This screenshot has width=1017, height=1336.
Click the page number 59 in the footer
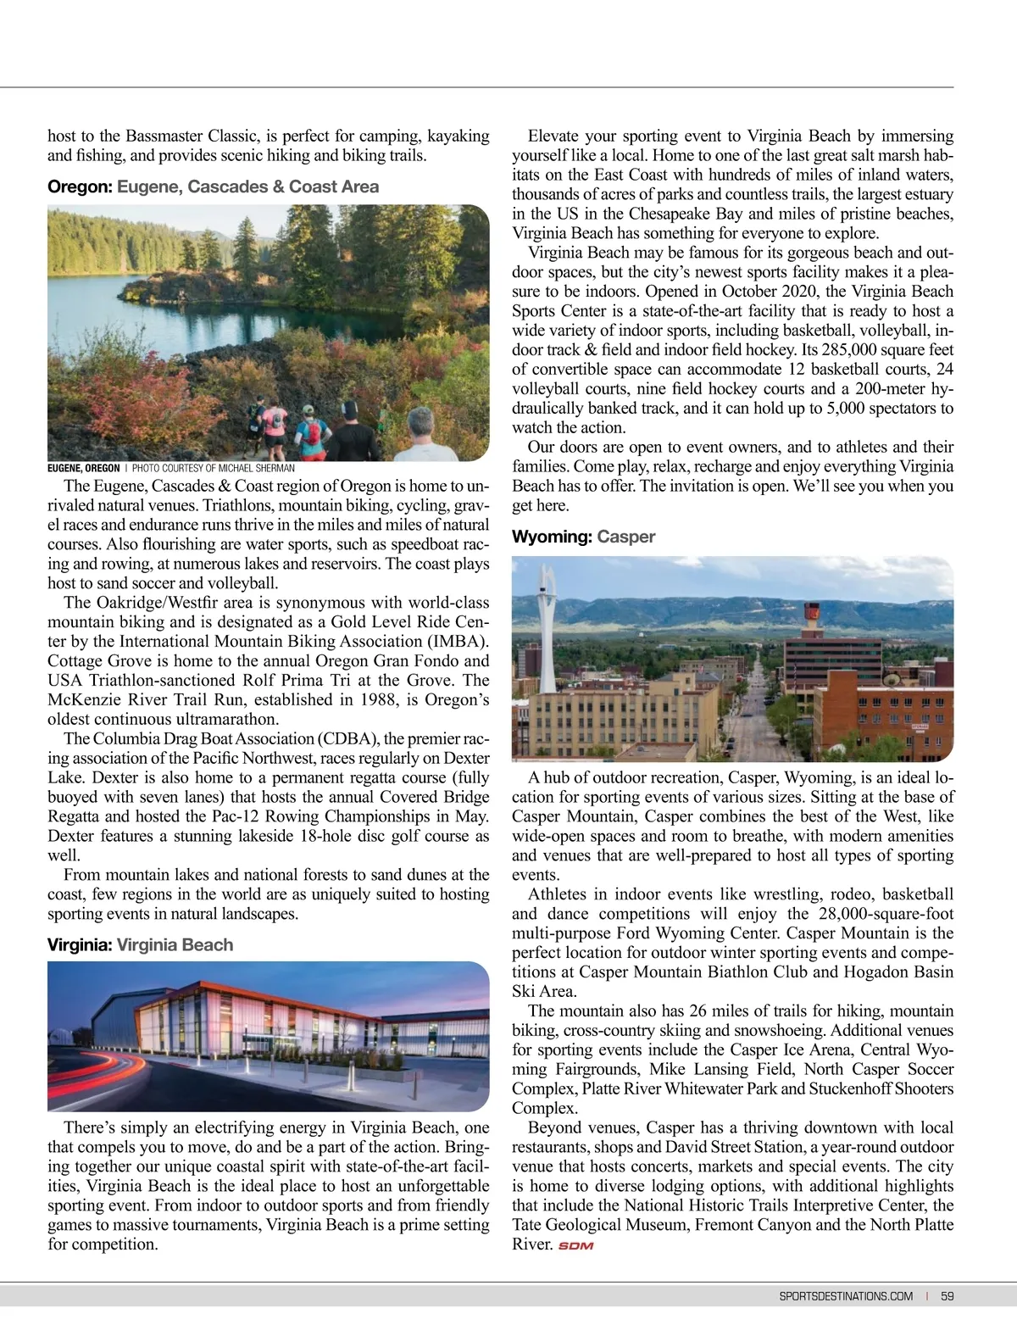click(x=947, y=1296)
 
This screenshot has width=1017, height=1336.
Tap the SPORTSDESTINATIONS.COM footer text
click(x=846, y=1296)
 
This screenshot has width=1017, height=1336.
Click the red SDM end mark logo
click(x=576, y=1246)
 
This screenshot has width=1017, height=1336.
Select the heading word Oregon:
click(x=80, y=186)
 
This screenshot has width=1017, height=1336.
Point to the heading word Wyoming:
click(x=552, y=537)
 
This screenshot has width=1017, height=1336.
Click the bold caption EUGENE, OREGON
click(x=83, y=468)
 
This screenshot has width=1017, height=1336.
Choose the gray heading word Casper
click(x=625, y=537)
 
